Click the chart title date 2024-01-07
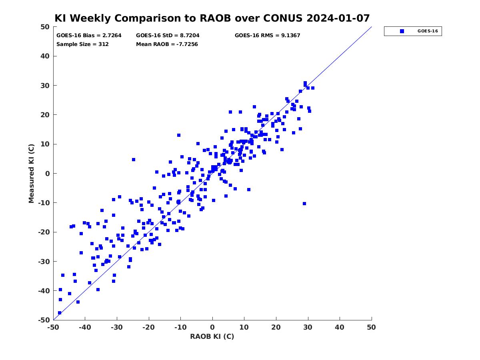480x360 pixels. [x=338, y=18]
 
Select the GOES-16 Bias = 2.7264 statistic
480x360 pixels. [x=89, y=36]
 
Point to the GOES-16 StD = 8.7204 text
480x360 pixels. [x=168, y=36]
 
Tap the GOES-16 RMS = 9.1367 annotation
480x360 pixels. [x=267, y=36]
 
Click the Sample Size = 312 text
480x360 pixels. [x=82, y=44]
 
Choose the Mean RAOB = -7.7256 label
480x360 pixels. [x=167, y=44]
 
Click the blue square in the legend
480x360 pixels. [x=402, y=31]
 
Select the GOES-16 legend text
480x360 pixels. [x=428, y=31]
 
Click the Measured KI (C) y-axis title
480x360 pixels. [x=31, y=173]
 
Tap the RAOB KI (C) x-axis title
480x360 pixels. [x=212, y=336]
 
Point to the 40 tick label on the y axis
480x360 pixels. [x=45, y=56]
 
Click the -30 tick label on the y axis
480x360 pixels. [x=44, y=262]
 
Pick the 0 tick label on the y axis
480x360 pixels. [x=48, y=174]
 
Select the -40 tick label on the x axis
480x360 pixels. [x=85, y=327]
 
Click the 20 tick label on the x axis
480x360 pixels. [x=276, y=327]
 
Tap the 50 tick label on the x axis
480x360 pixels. [x=371, y=327]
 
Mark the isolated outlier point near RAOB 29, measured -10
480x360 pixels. [x=304, y=204]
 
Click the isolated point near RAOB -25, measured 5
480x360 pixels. [x=133, y=160]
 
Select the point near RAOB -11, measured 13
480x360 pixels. [x=179, y=135]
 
